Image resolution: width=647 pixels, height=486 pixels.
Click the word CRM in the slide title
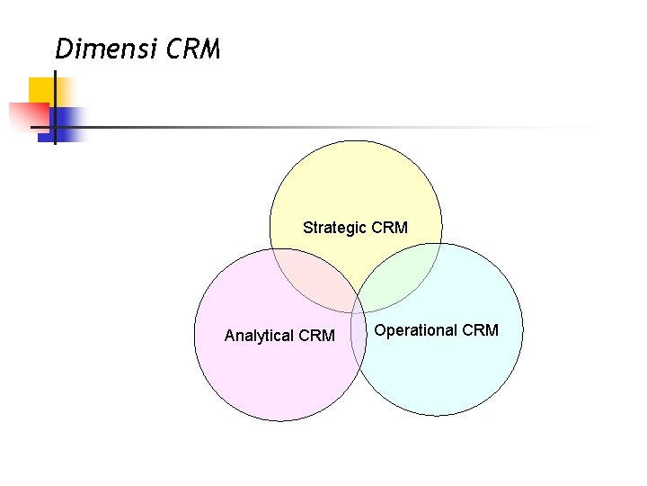pos(193,49)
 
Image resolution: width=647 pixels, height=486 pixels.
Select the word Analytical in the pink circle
pos(259,336)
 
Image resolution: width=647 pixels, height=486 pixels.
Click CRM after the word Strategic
pos(389,228)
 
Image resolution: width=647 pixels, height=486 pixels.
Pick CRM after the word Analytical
pos(315,336)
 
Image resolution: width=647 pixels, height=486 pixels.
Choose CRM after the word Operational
pos(480,330)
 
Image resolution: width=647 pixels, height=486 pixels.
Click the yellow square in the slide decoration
pos(41,90)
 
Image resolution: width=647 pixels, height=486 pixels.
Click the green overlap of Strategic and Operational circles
pos(400,279)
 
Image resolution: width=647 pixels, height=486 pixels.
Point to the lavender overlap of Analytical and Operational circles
pos(359,346)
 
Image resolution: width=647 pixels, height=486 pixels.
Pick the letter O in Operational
pos(380,330)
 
